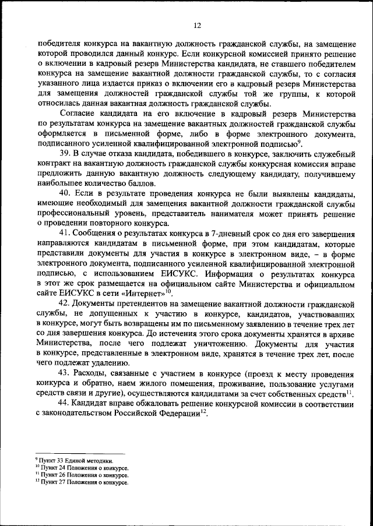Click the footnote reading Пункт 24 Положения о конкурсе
[x=83, y=468]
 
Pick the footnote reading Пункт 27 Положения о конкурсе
[x=83, y=483]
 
